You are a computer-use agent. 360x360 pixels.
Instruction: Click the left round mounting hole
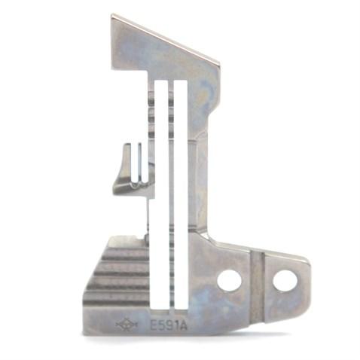point(229,281)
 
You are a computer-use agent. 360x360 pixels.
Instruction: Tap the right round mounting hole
point(285,281)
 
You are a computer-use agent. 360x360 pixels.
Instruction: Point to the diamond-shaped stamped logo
point(127,325)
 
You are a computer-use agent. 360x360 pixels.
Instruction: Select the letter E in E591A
point(154,326)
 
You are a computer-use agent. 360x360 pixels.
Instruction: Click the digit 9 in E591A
point(169,326)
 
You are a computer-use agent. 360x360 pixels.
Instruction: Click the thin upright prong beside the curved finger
point(139,162)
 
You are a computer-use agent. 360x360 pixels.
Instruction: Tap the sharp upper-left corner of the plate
point(112,16)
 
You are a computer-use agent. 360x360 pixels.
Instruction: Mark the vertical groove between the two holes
point(257,282)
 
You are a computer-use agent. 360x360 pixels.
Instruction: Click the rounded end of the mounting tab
point(306,282)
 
